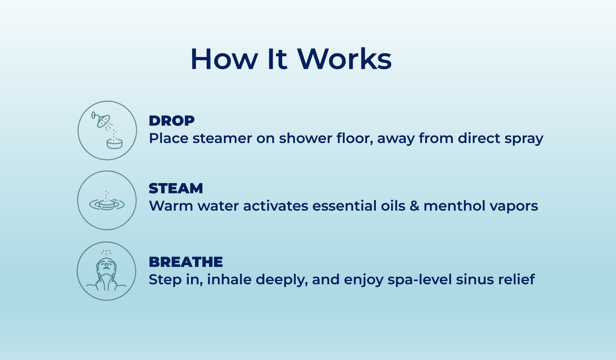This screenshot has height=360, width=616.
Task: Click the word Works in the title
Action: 344,59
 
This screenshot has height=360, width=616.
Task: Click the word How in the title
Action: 224,59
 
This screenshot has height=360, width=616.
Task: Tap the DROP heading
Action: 171,120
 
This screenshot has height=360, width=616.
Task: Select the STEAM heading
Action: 176,188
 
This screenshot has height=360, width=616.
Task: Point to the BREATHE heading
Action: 186,262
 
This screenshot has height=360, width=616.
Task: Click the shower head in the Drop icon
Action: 101,119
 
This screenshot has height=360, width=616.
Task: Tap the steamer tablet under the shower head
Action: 114,143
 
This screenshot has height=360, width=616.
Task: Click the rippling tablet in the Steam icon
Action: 106,204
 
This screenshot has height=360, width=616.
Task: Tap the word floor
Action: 354,138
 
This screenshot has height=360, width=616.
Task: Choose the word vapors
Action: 509,206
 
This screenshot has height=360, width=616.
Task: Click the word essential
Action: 345,206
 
